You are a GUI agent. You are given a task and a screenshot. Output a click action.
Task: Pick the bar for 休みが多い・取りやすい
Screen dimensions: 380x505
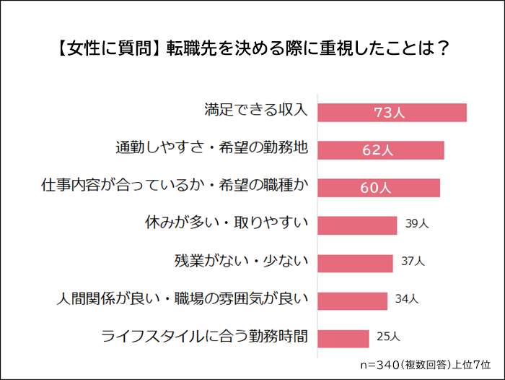click(357, 225)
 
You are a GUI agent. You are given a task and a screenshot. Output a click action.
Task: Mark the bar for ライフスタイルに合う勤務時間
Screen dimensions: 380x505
click(343, 337)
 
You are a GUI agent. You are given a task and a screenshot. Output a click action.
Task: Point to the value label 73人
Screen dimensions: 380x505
click(390, 113)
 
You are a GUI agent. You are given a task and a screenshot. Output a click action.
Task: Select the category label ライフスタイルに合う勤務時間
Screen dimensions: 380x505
click(205, 336)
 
